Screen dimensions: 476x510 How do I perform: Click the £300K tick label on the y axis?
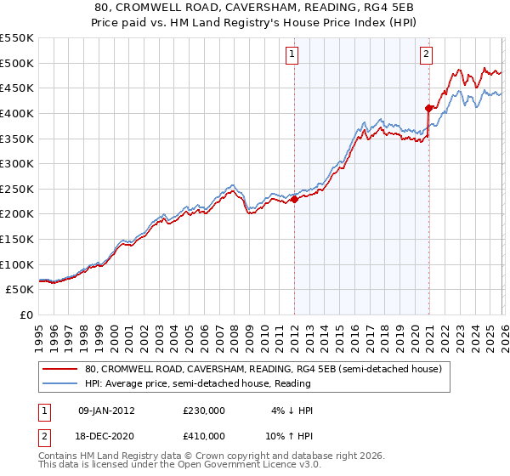pos(16,163)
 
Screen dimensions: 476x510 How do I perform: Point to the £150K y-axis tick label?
pos(16,239)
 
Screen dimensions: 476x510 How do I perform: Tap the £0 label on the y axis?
pos(25,314)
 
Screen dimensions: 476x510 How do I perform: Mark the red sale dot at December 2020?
pos(428,108)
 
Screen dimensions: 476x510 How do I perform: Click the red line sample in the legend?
pos(60,370)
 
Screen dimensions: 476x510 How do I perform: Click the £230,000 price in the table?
pos(203,411)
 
